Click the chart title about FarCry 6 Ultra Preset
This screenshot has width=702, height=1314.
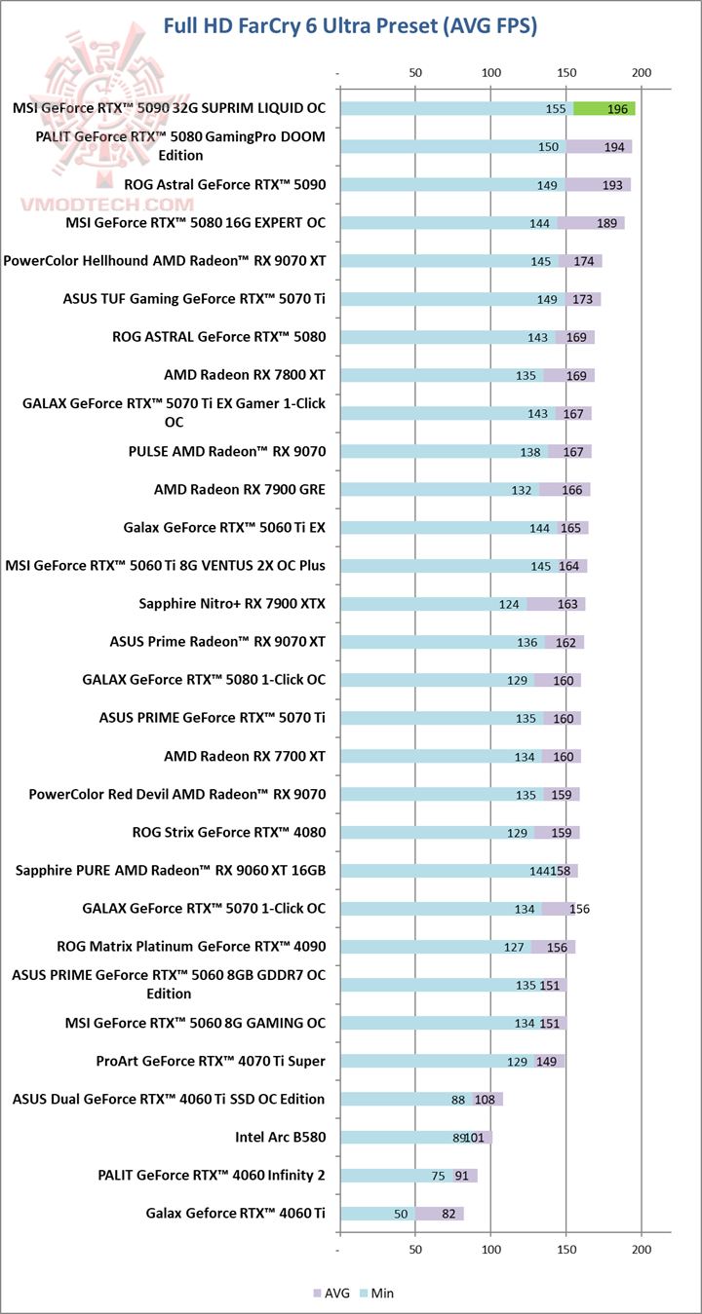tap(350, 26)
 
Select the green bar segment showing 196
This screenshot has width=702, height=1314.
tap(604, 108)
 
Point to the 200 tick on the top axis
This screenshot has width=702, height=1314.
tap(642, 72)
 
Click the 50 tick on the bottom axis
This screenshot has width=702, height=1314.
tap(415, 1249)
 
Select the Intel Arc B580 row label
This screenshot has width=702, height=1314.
tap(280, 1137)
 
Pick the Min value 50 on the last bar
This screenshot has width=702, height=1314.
tap(400, 1214)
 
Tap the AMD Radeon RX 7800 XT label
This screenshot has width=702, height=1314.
tap(245, 375)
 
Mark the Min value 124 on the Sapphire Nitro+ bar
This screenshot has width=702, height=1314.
tap(508, 604)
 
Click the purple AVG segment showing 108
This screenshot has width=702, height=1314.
tap(487, 1099)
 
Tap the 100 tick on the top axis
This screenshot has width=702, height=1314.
tap(490, 72)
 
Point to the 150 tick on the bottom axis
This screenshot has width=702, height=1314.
tap(566, 1249)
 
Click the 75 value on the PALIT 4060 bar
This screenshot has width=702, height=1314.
tap(438, 1176)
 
